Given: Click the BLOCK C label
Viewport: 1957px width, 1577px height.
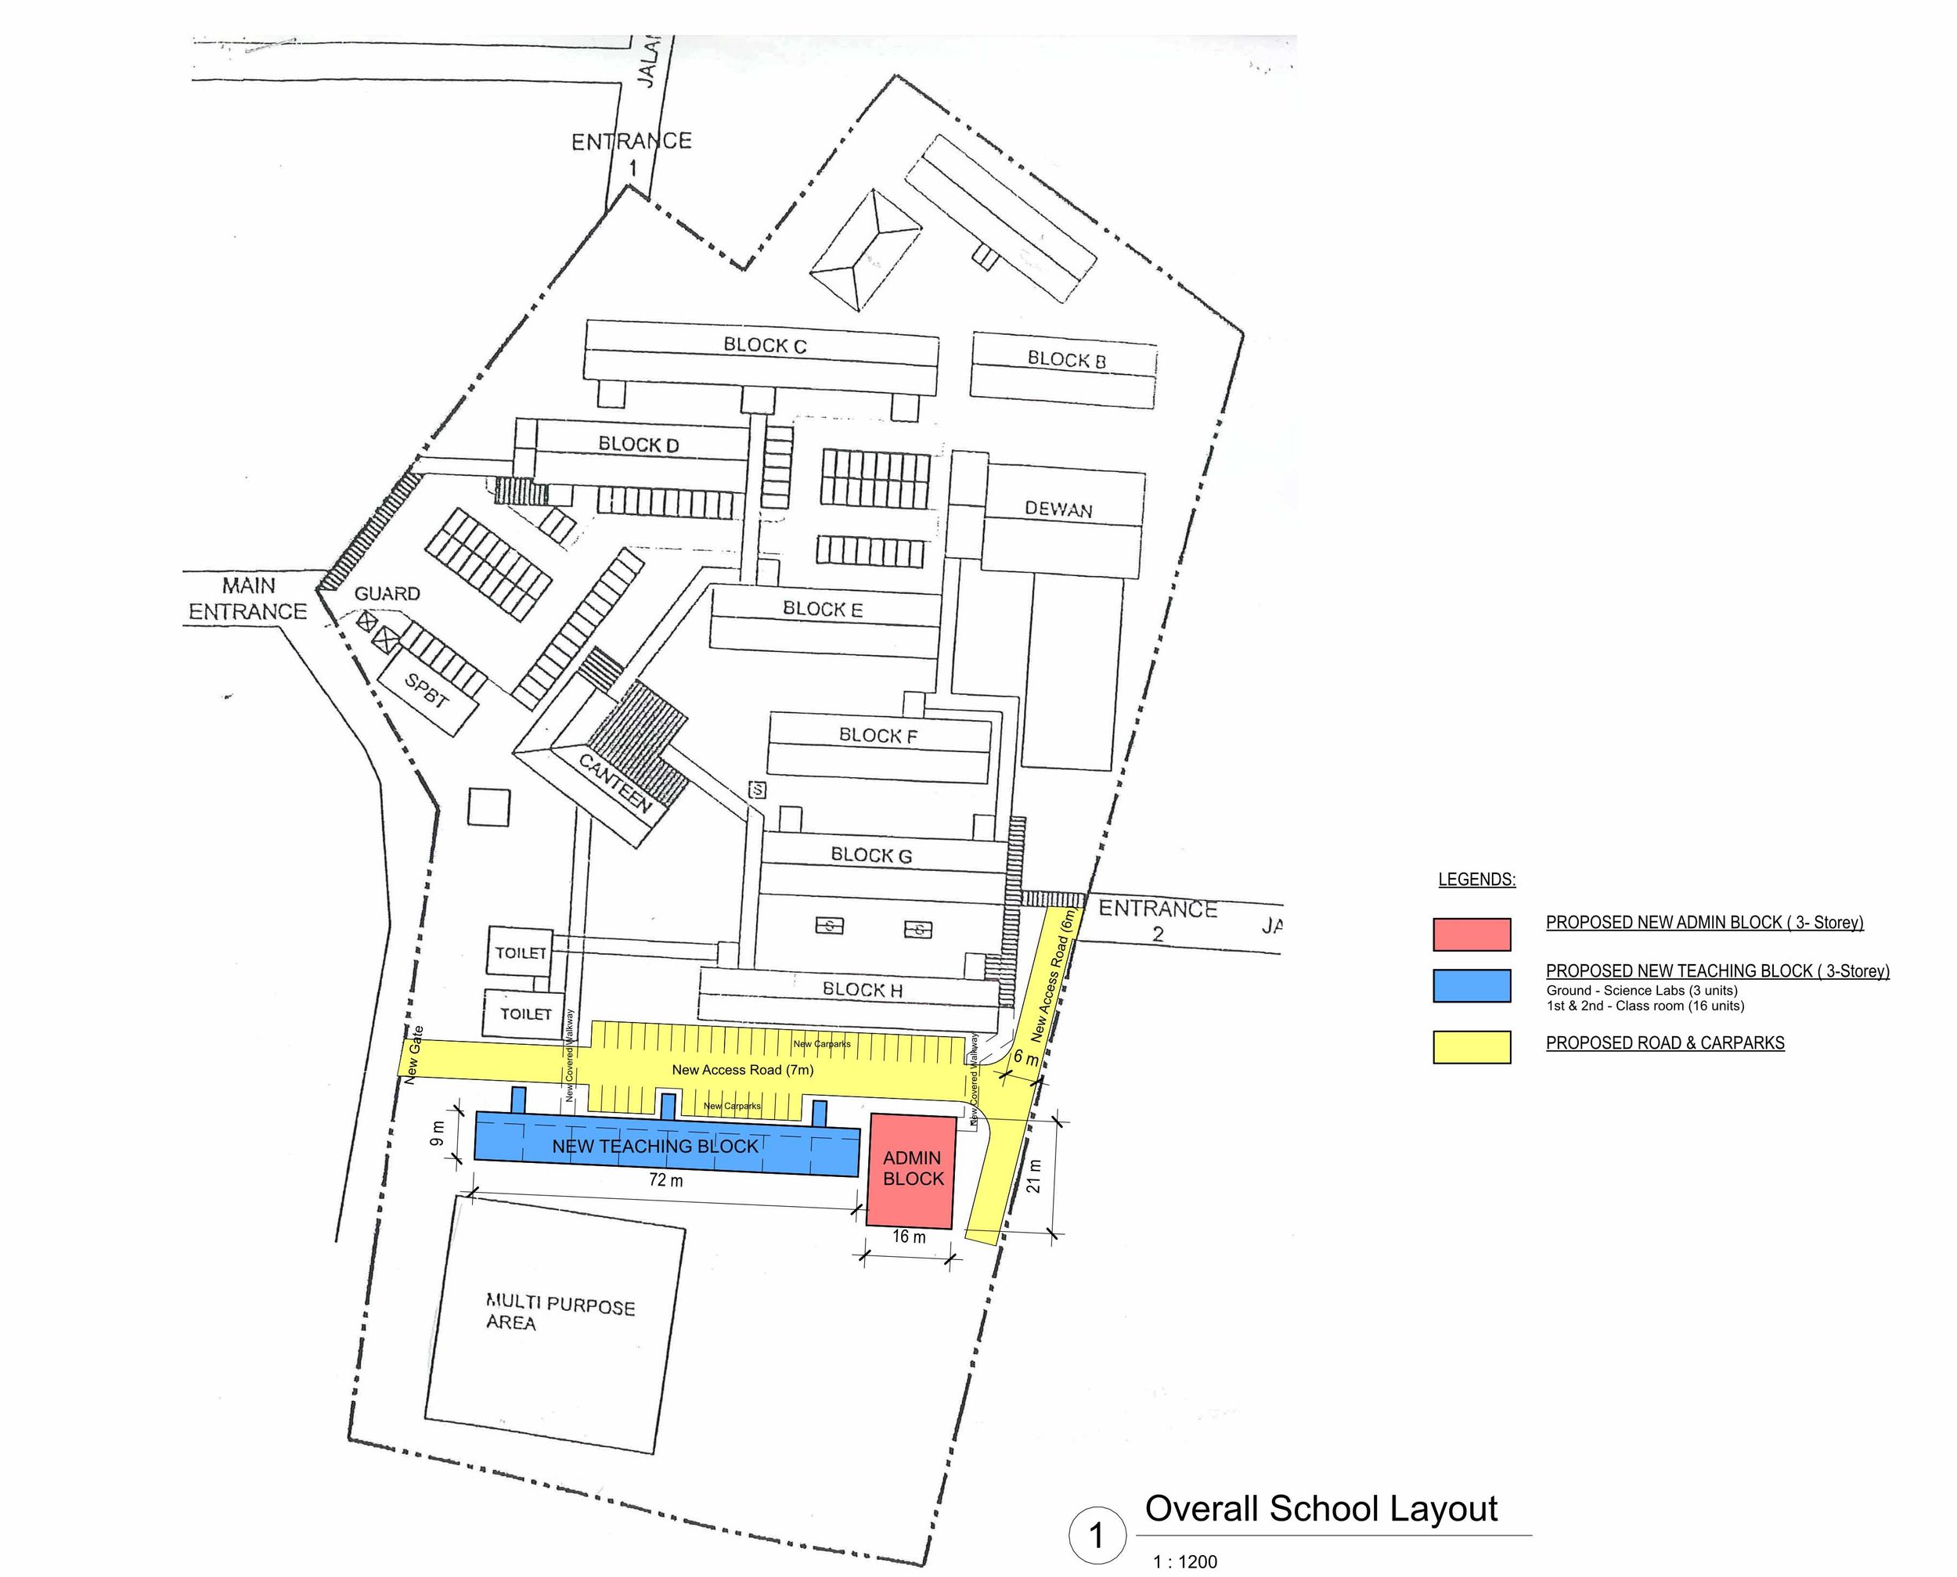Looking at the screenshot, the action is click(x=764, y=345).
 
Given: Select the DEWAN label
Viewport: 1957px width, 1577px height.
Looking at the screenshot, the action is click(x=1058, y=509).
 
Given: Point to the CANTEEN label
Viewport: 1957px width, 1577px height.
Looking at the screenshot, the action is click(x=616, y=783).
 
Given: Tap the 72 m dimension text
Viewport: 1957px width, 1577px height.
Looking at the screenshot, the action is click(x=666, y=1180).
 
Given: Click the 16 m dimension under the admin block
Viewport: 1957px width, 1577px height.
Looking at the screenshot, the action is click(x=909, y=1237).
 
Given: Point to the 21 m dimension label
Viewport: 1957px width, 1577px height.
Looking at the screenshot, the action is click(x=1034, y=1176).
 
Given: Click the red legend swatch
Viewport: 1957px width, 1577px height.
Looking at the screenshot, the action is click(x=1471, y=934).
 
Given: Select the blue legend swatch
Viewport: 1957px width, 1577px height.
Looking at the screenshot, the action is click(x=1471, y=985).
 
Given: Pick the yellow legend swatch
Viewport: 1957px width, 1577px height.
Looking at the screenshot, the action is click(x=1471, y=1046).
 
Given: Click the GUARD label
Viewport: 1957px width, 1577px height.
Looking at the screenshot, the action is click(x=387, y=593).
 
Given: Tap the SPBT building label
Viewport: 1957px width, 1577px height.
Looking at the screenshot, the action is click(x=426, y=692).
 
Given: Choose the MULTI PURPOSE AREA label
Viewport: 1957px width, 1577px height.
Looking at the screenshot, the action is click(x=559, y=1313).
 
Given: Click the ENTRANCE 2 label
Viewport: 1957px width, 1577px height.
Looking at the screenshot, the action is click(x=1158, y=920).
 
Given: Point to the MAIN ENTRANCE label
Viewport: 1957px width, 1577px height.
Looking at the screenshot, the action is click(x=248, y=599).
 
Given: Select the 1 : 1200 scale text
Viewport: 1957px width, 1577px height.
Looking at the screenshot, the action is click(x=1184, y=1561).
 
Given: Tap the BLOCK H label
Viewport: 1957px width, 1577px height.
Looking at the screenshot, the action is click(x=862, y=989).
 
